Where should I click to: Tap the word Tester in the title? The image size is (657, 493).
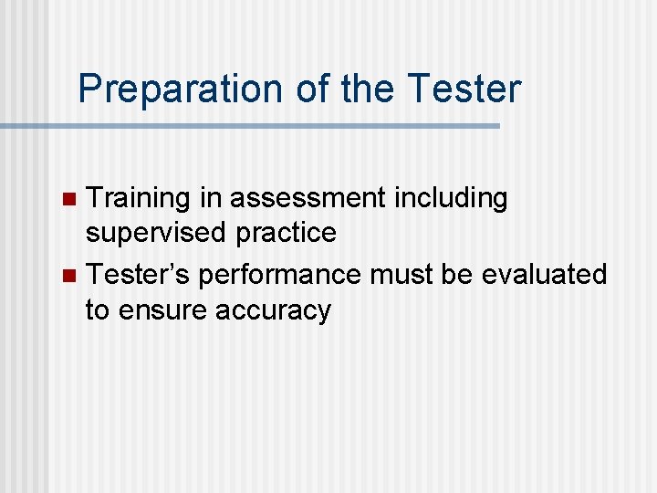(464, 89)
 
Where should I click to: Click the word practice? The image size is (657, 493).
(286, 234)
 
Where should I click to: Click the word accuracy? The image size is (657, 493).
(273, 311)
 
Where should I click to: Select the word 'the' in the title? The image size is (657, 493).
(369, 89)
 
